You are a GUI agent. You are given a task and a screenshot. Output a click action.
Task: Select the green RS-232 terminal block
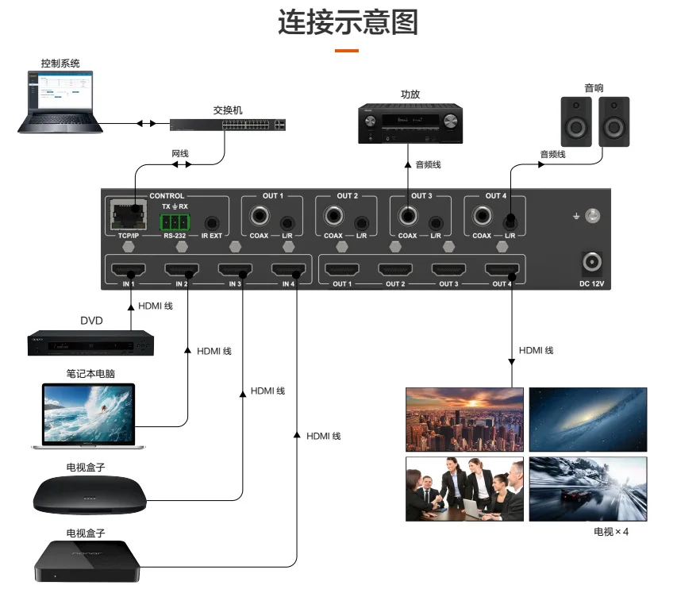[175, 221]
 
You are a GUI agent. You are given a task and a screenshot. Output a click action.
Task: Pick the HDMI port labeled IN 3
[235, 269]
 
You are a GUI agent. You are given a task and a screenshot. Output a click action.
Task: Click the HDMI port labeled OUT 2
[394, 269]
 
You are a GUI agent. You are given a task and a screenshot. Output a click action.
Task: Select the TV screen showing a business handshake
[464, 488]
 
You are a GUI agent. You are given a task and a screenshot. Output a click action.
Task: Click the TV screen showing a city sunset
[464, 418]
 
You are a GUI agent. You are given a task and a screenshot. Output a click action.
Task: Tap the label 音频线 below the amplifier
[428, 165]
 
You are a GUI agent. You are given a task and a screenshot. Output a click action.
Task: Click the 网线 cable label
[180, 153]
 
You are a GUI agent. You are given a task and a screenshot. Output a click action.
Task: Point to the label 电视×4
[610, 532]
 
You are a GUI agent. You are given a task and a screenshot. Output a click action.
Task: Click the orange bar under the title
[346, 51]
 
